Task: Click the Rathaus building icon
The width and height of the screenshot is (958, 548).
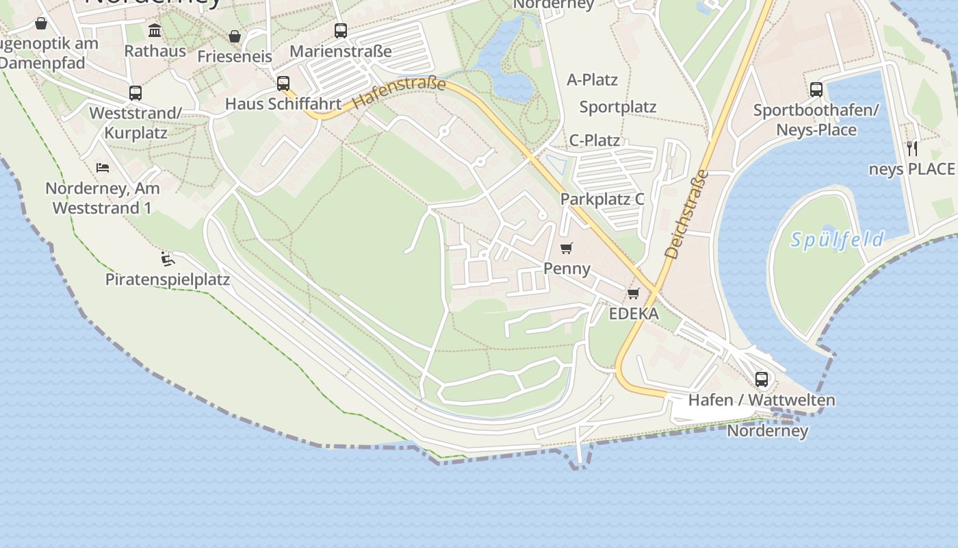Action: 155,31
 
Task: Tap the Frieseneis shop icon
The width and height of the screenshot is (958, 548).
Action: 235,36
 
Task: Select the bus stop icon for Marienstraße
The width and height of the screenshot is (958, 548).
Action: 341,31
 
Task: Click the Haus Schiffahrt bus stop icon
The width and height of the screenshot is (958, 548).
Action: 283,84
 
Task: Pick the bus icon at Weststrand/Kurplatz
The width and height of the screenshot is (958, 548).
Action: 135,93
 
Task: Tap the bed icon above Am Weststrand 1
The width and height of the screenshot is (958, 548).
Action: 103,167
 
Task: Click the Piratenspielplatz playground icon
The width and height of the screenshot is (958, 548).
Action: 168,259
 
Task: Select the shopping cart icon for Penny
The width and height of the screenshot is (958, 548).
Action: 566,248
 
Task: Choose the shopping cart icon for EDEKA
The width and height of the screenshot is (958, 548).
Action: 634,294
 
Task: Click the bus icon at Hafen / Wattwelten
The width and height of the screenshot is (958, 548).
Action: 762,379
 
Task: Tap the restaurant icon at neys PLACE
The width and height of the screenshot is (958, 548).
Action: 912,147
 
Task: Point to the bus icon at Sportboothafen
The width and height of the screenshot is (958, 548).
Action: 816,89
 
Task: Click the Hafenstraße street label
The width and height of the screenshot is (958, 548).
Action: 400,94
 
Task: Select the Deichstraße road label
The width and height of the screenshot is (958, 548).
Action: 685,214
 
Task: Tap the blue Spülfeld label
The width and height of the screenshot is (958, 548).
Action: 837,240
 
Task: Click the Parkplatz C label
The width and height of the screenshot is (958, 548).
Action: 602,199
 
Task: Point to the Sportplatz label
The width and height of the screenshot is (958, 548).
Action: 618,107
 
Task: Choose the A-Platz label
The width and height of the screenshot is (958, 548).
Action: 593,80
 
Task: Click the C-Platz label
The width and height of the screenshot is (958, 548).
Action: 595,140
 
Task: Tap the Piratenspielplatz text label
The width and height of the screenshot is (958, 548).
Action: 168,279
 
